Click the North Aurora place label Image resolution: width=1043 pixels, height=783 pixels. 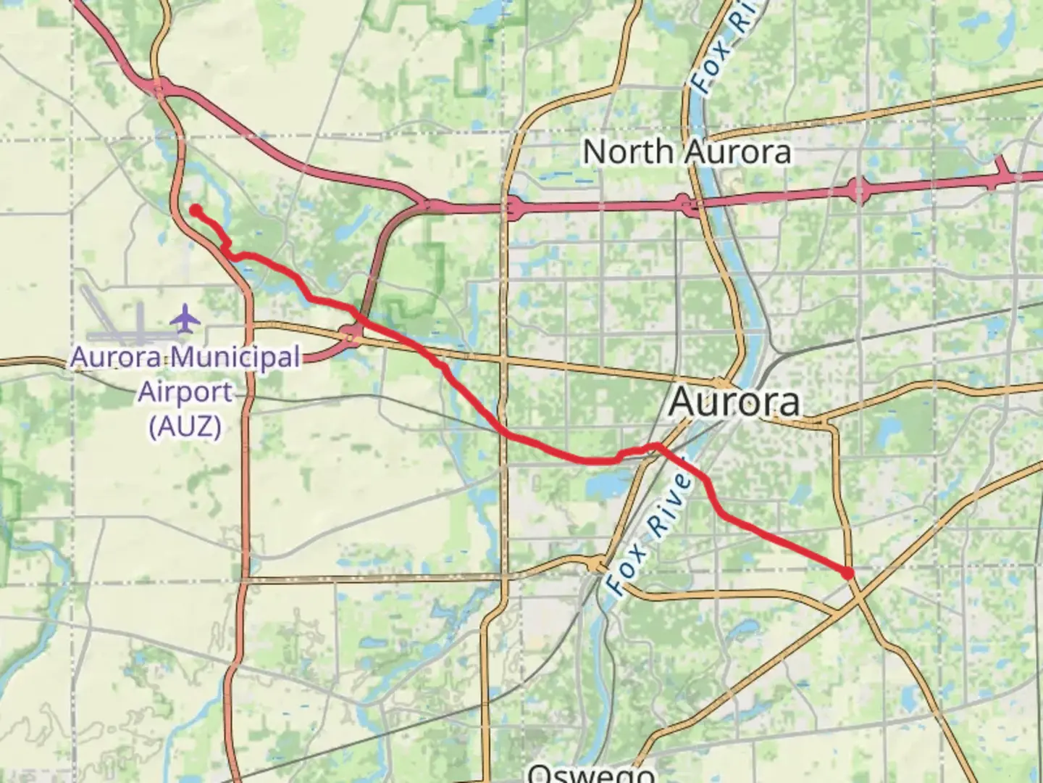[x=686, y=152]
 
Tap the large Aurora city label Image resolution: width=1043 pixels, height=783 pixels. [x=735, y=402]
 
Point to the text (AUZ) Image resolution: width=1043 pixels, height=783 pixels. [x=185, y=426]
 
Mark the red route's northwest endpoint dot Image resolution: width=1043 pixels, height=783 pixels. [x=196, y=210]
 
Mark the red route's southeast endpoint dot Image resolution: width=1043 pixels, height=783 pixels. [x=848, y=573]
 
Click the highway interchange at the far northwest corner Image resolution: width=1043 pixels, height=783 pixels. [x=159, y=89]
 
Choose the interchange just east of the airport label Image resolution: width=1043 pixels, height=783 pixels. [x=353, y=335]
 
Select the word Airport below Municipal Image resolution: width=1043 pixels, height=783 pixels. [x=185, y=392]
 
